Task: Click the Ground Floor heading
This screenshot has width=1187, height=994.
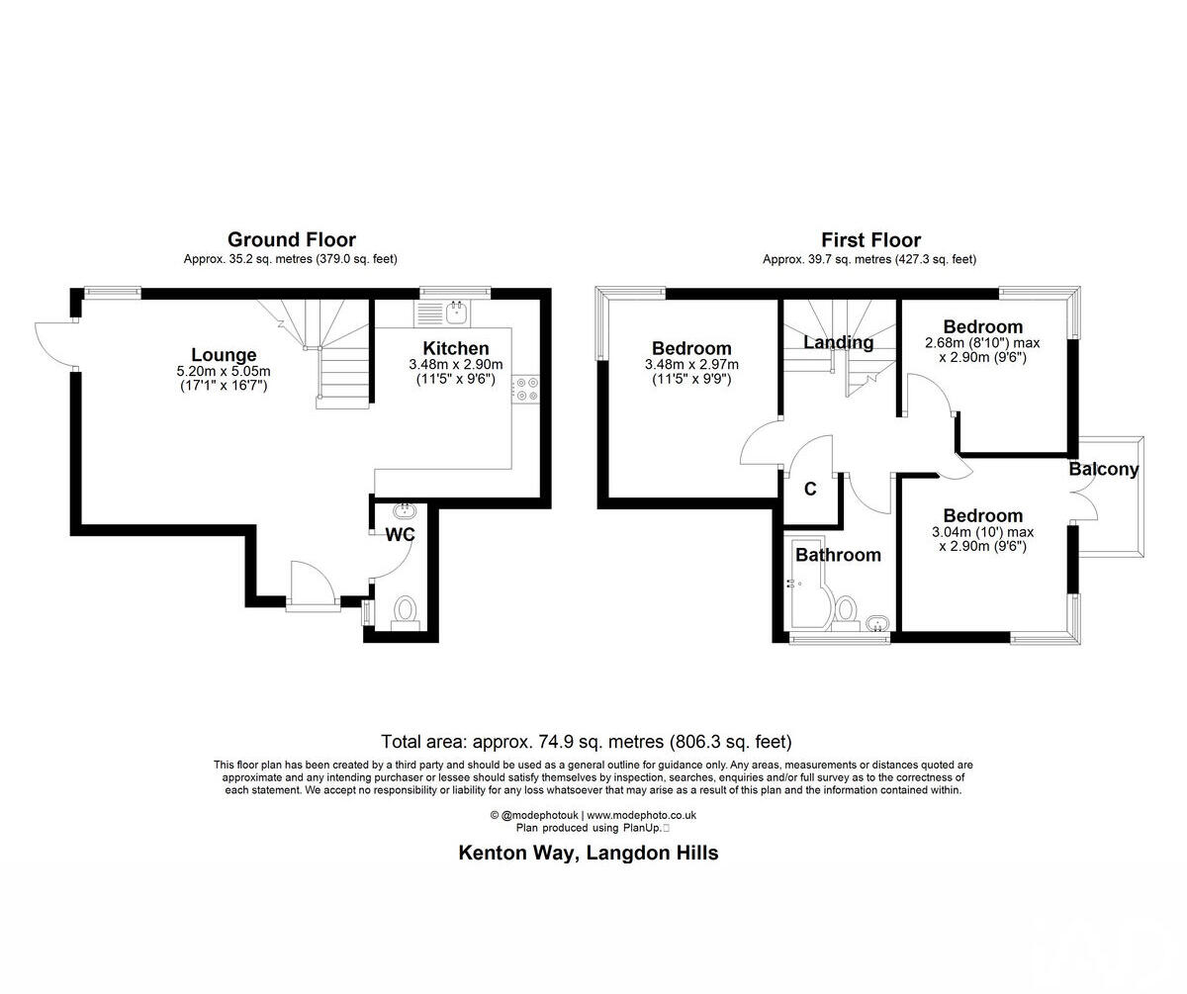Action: click(x=292, y=239)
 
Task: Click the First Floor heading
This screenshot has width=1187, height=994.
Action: click(x=870, y=240)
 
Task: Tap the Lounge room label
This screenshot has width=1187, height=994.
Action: click(x=224, y=355)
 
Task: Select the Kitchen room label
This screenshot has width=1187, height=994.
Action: click(x=456, y=348)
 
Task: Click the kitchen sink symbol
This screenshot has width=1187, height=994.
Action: click(x=456, y=314)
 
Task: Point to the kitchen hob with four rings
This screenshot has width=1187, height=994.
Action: click(x=524, y=389)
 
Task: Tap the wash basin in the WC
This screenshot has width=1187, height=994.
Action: click(x=405, y=511)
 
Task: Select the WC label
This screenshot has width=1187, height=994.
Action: click(x=400, y=534)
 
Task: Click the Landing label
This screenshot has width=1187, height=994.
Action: click(x=838, y=342)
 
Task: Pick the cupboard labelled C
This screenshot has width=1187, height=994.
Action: click(x=810, y=489)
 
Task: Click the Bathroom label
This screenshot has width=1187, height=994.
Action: click(x=838, y=555)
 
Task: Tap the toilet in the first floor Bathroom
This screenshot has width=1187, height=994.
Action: click(x=844, y=611)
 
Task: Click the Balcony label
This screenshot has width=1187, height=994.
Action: click(x=1104, y=470)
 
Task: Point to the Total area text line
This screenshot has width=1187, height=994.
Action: click(x=587, y=741)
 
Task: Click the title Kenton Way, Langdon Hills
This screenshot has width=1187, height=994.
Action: click(x=588, y=853)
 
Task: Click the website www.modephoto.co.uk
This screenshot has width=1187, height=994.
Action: click(x=642, y=815)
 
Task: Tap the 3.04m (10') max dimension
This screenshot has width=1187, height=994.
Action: click(x=982, y=532)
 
